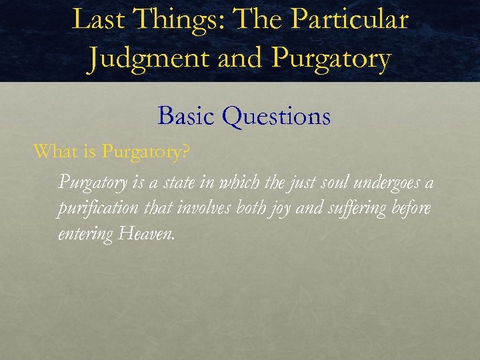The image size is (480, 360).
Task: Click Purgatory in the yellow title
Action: coord(331,59)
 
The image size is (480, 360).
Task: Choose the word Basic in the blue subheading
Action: coord(187,116)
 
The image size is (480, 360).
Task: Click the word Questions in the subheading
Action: coord(277,116)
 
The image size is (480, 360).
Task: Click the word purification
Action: coord(97,208)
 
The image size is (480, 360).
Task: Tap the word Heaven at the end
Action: coord(147,233)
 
